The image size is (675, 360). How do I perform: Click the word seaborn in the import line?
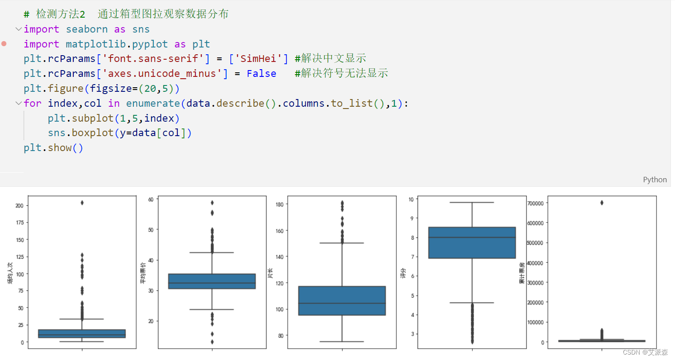pyautogui.click(x=86, y=29)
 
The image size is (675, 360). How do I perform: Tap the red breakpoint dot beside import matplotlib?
pyautogui.click(x=4, y=44)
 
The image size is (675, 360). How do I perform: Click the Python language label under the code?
pyautogui.click(x=655, y=180)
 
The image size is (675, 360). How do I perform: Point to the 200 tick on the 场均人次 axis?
pyautogui.click(x=19, y=205)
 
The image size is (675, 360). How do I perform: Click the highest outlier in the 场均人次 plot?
pyautogui.click(x=82, y=203)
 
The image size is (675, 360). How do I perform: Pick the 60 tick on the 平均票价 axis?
pyautogui.click(x=150, y=199)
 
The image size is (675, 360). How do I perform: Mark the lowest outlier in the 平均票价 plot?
pyautogui.click(x=212, y=342)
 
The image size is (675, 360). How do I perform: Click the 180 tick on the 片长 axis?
pyautogui.click(x=279, y=204)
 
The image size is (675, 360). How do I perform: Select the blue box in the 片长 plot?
pyautogui.click(x=342, y=300)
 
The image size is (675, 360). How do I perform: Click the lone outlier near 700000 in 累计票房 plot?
pyautogui.click(x=602, y=203)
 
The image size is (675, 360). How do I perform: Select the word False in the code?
pyautogui.click(x=261, y=74)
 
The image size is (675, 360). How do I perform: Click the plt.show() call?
pyautogui.click(x=53, y=148)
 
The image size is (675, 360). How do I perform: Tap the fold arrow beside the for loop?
pyautogui.click(x=18, y=104)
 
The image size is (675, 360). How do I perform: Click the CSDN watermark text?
pyautogui.click(x=645, y=352)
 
